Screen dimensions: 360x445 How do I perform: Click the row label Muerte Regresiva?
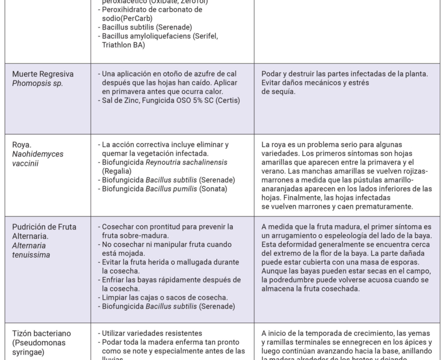pos(43,74)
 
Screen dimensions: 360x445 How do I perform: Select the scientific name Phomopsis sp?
pos(35,83)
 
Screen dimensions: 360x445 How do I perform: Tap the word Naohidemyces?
pos(38,154)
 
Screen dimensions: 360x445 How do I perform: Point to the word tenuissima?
pos(31,255)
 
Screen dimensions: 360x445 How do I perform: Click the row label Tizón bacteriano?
pos(41,334)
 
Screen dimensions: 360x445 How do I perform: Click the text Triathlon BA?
pos(123,45)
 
